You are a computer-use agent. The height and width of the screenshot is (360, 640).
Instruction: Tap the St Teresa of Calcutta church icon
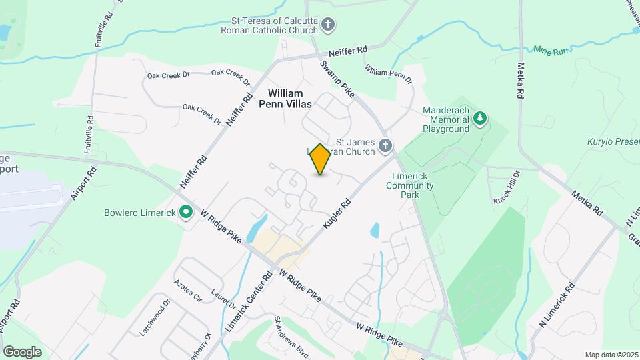click(327, 25)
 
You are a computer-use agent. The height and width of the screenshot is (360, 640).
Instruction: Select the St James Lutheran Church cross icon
click(384, 145)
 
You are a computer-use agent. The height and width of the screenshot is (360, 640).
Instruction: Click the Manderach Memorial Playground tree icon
click(479, 119)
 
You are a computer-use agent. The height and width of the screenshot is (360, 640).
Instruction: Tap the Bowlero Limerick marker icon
click(187, 213)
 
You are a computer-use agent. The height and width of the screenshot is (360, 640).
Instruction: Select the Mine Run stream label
click(551, 50)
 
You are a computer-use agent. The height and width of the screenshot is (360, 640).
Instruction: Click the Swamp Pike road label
click(337, 79)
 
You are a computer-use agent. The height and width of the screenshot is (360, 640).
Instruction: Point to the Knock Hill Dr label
click(507, 191)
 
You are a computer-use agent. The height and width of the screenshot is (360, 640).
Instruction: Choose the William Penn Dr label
click(389, 73)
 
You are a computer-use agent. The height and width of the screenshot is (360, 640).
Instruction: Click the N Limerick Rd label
click(557, 307)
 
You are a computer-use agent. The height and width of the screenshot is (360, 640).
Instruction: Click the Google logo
click(22, 351)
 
